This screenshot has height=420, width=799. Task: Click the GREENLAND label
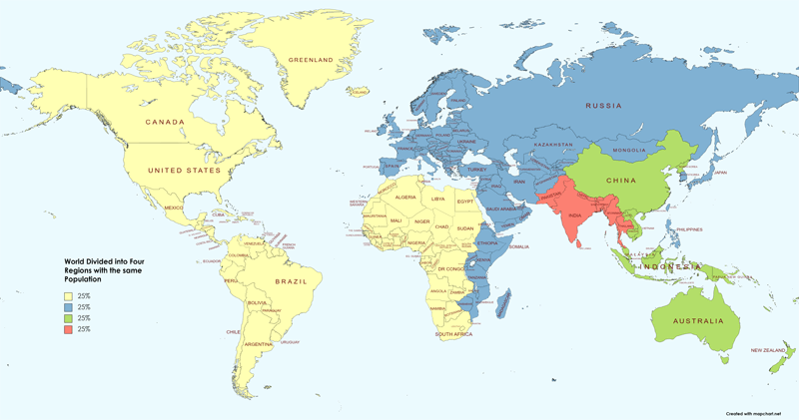pyautogui.click(x=310, y=60)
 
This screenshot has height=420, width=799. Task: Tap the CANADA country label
pyautogui.click(x=166, y=123)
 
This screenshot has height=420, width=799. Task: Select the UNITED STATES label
pyautogui.click(x=183, y=171)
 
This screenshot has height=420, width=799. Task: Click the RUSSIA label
pyautogui.click(x=604, y=106)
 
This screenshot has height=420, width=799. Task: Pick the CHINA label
pyautogui.click(x=622, y=181)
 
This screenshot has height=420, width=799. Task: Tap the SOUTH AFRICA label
pyautogui.click(x=454, y=335)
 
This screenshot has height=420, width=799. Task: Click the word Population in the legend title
pyautogui.click(x=85, y=281)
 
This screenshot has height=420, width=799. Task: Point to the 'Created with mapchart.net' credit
pyautogui.click(x=761, y=411)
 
